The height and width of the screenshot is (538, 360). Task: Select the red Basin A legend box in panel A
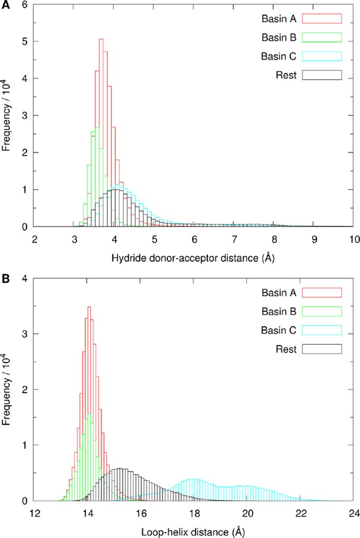(x=322, y=19)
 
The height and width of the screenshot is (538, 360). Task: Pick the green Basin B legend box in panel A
(x=322, y=37)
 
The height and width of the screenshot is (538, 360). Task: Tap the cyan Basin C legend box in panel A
(x=322, y=56)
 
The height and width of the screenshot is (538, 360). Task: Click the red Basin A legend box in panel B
(x=322, y=293)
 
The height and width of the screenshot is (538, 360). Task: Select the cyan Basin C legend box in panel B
(x=322, y=330)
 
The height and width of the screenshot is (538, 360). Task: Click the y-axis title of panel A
(x=7, y=115)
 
